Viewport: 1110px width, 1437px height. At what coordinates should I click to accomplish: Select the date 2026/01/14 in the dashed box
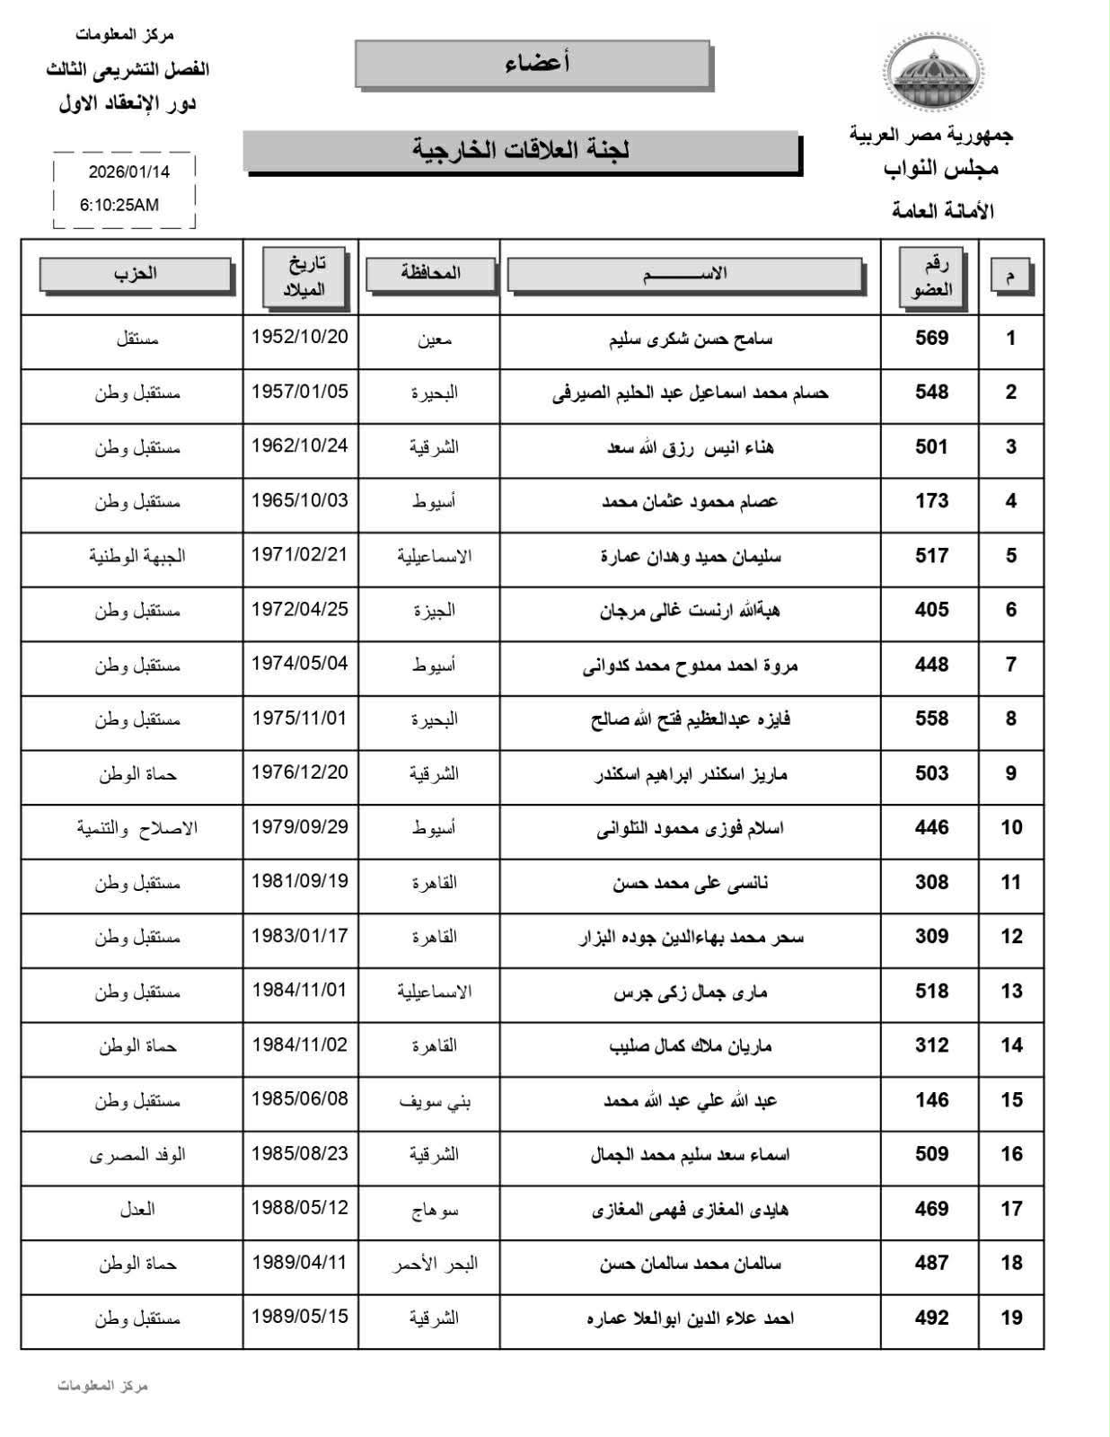129,172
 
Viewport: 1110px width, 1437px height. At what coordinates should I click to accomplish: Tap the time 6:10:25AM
119,205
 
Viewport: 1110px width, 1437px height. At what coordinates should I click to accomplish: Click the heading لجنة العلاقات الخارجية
521,150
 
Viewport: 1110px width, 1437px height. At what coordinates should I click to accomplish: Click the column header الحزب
136,274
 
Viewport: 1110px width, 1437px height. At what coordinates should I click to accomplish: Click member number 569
931,339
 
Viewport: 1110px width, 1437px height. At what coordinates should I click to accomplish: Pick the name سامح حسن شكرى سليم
690,339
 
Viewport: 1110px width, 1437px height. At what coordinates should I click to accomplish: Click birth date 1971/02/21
299,554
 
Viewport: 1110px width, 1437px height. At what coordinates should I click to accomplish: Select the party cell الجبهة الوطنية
137,556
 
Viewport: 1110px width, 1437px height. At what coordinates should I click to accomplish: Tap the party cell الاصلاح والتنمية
137,828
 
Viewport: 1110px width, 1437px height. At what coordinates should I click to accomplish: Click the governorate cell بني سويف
435,1101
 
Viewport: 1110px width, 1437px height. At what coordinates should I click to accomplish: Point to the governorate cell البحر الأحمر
435,1264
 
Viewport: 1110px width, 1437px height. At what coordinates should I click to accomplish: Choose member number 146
931,1100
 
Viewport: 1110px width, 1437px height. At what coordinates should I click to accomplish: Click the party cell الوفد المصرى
137,1155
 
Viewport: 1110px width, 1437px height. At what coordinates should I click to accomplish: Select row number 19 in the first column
1011,1318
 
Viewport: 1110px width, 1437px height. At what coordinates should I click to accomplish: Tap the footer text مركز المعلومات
102,1386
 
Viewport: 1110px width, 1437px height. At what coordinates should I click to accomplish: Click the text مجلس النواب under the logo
940,169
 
